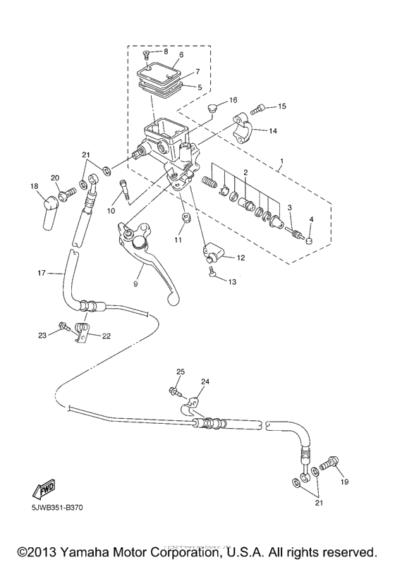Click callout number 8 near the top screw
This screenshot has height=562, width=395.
coord(166,51)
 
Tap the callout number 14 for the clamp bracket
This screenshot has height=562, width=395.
coord(272,130)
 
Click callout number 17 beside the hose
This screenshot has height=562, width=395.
coord(41,272)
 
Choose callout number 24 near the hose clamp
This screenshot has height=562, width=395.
coord(205,382)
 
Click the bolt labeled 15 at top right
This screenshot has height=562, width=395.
coord(259,109)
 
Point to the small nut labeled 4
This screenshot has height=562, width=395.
coord(308,240)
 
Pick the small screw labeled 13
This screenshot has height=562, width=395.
coord(212,276)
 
